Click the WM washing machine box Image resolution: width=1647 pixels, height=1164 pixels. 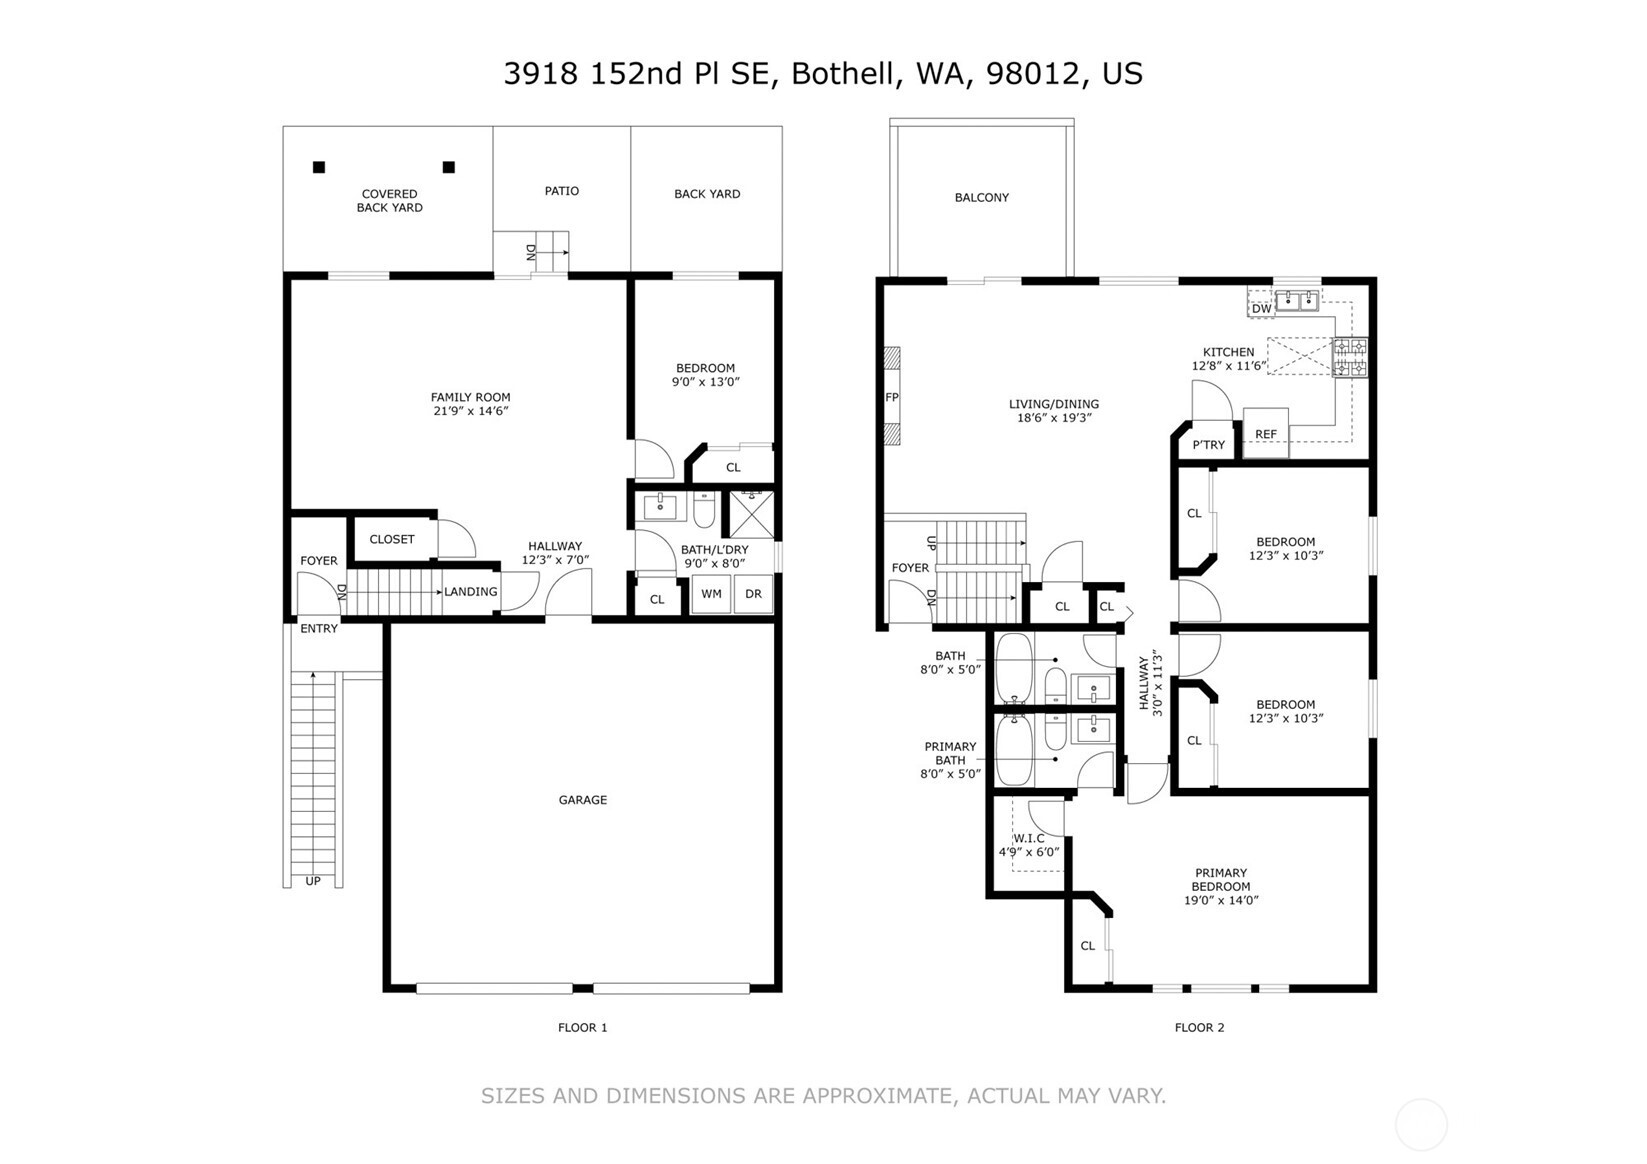pos(711,594)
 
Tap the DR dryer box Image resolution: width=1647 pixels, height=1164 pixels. pos(753,594)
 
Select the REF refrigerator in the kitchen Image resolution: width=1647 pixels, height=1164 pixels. pos(1266,434)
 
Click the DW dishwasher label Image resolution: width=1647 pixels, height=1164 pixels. pos(1261,309)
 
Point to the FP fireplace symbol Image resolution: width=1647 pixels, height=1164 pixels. pos(891,397)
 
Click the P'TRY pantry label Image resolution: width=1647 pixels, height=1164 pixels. pos(1208,445)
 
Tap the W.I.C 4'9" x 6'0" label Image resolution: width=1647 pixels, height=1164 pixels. pos(1028,845)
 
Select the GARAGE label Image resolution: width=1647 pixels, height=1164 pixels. pos(582,800)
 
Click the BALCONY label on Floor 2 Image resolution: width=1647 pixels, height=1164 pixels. pos(981,198)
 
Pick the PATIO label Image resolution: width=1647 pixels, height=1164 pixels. pos(561,191)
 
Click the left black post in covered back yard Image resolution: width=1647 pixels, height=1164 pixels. pos(319,167)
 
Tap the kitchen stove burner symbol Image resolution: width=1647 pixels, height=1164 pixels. pos(1351,358)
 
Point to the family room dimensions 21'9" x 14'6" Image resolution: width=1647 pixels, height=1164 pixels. pos(470,411)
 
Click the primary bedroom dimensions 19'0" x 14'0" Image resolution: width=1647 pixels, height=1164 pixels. pos(1220,900)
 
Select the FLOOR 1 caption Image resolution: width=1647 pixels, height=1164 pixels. pos(582,1027)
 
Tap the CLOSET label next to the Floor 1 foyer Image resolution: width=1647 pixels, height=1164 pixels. pos(391,539)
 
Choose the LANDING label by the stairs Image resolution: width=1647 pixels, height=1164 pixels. pos(470,592)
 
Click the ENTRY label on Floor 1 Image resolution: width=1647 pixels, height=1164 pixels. pos(319,629)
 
